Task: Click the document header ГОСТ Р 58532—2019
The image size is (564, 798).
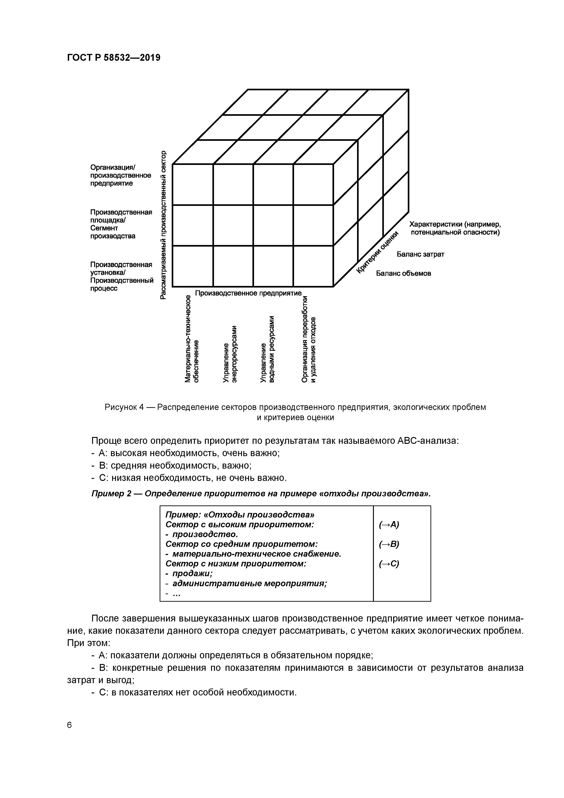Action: coord(114,58)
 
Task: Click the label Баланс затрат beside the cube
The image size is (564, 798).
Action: coord(420,254)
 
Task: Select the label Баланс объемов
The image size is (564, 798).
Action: coord(403,273)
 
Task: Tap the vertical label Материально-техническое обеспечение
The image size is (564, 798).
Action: coord(192,338)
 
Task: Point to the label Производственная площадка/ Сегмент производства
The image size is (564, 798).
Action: coord(121,224)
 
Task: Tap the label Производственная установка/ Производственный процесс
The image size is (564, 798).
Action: coord(122,277)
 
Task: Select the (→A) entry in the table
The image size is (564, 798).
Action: coord(389,525)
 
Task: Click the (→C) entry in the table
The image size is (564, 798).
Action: coord(389,564)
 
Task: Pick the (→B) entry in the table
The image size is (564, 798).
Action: coord(389,544)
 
